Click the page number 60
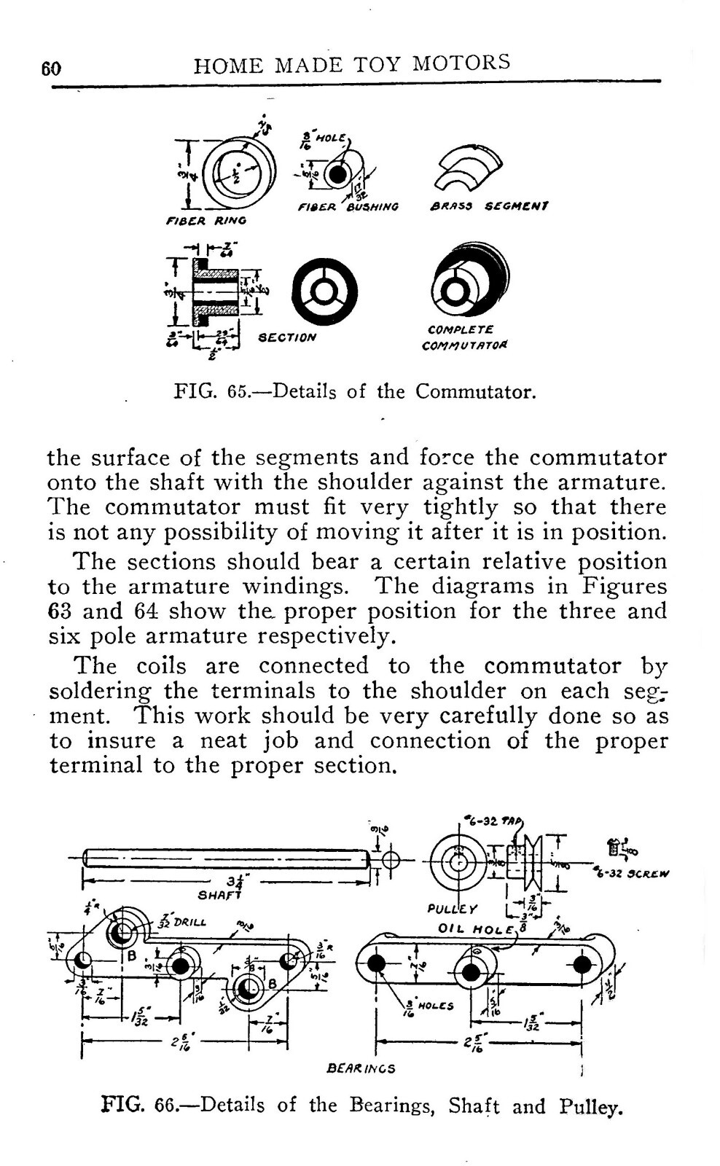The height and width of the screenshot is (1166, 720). [x=51, y=69]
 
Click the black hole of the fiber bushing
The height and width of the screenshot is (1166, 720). [x=336, y=176]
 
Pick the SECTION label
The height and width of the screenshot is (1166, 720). [x=288, y=337]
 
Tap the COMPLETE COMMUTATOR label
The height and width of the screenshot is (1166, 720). [x=465, y=337]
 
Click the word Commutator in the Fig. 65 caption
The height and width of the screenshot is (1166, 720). [x=475, y=392]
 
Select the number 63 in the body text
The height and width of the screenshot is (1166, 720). [x=60, y=611]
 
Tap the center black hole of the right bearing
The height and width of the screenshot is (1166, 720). [x=471, y=972]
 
